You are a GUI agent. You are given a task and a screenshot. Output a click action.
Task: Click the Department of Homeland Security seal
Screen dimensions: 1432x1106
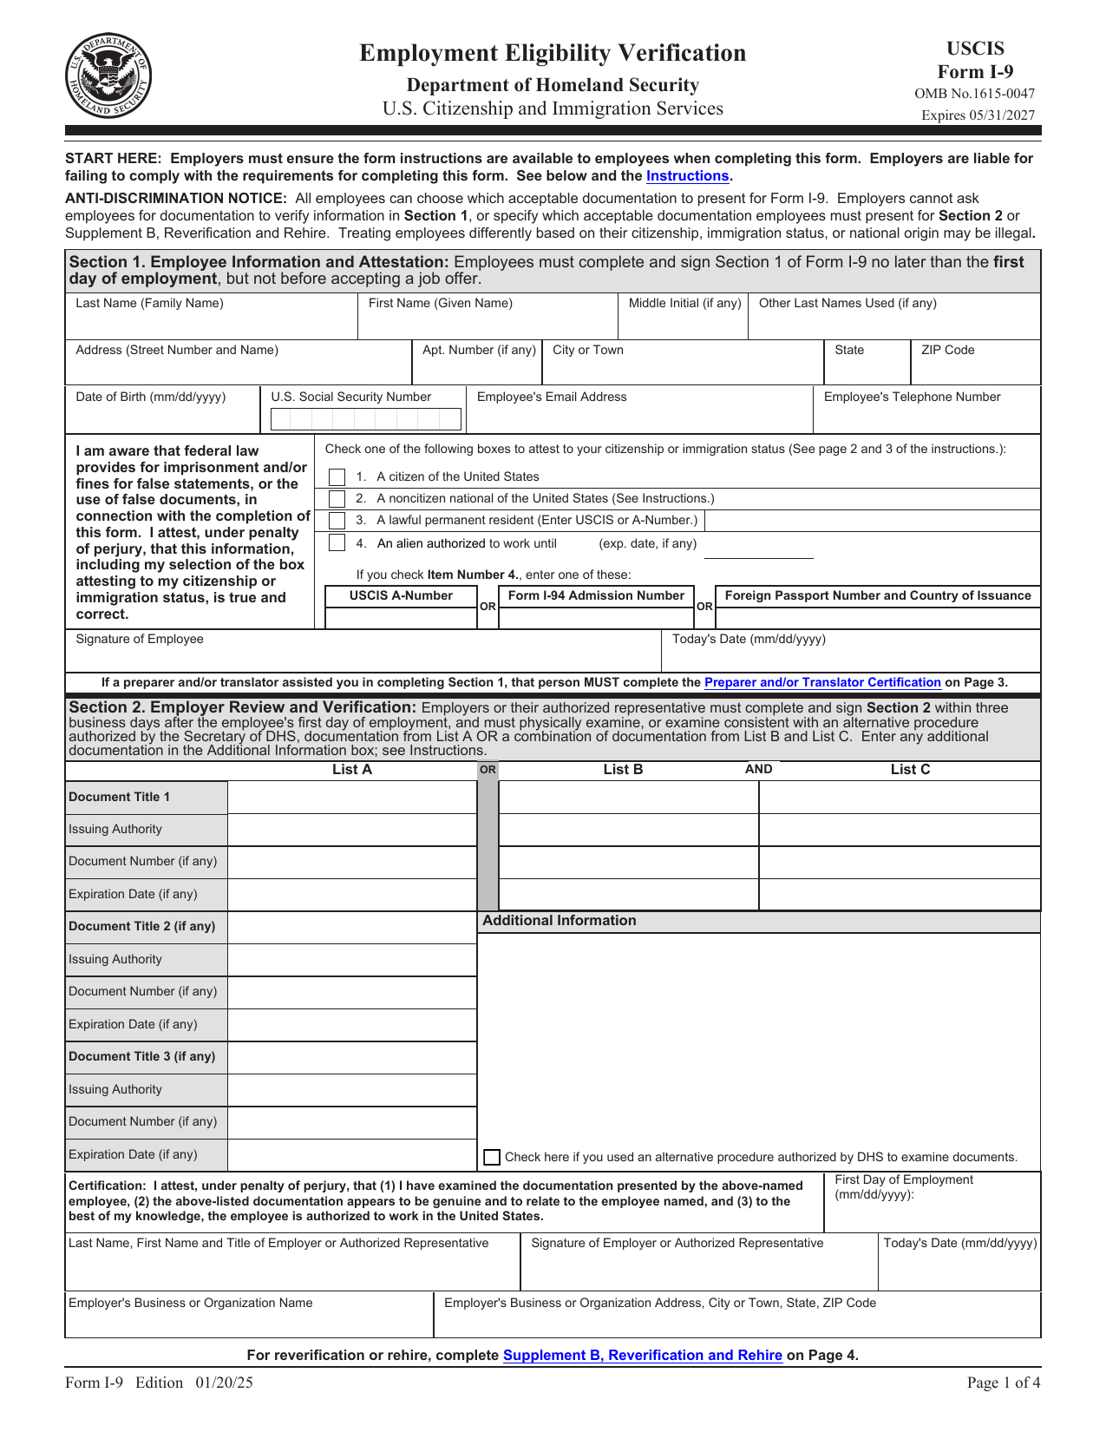[108, 76]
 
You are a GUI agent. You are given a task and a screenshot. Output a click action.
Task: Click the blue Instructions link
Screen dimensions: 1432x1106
[687, 176]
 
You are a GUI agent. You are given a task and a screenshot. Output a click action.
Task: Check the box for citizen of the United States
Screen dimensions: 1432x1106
[337, 477]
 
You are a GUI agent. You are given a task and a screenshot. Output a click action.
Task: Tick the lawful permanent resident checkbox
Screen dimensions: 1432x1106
[337, 521]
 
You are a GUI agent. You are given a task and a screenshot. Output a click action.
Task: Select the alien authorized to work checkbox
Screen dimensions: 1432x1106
[337, 543]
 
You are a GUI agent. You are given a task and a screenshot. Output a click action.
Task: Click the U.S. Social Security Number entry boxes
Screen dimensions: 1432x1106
[365, 420]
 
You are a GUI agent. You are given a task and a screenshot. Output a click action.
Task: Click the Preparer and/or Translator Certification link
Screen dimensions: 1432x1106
[822, 683]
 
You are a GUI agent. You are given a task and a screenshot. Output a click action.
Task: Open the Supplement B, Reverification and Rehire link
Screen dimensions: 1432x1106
[642, 1356]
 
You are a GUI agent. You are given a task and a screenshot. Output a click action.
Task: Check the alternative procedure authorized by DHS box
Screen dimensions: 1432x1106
[492, 1157]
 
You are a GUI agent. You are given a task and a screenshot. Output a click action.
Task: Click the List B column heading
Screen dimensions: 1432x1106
[623, 770]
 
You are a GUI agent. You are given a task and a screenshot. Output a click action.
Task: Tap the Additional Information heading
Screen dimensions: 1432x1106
[559, 921]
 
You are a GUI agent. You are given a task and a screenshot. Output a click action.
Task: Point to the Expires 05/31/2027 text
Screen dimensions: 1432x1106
[978, 115]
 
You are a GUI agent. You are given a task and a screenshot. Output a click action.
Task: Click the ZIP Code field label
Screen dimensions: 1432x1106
[947, 351]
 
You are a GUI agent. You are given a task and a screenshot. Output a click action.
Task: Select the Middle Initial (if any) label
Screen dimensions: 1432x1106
[684, 304]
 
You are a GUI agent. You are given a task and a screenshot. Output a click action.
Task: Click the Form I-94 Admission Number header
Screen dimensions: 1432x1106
[596, 596]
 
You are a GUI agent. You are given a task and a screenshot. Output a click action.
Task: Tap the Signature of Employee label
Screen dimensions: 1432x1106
[140, 640]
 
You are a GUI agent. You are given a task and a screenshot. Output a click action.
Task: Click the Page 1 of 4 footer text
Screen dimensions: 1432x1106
[1003, 1383]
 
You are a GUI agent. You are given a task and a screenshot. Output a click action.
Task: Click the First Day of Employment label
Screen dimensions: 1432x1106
[903, 1180]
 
